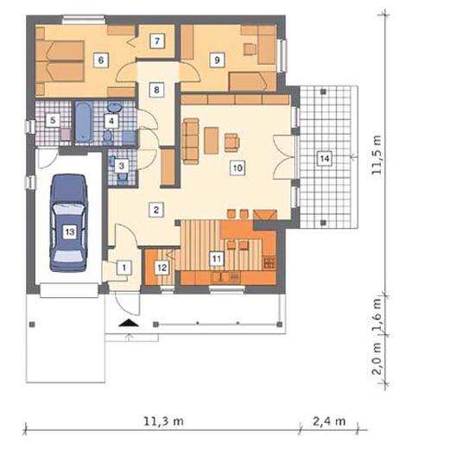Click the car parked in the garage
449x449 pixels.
click(69, 223)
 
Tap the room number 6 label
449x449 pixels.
click(101, 60)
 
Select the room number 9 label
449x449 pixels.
click(217, 60)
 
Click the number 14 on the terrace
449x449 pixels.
click(325, 158)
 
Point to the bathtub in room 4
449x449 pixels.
click(84, 122)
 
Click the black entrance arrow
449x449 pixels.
click(129, 323)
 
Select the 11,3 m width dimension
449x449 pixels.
click(163, 421)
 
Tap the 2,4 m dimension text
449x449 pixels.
click(329, 421)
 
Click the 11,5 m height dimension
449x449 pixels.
click(376, 155)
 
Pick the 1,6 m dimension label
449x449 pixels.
click(376, 315)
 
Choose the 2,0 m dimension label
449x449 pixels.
click(376, 358)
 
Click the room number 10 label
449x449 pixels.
click(237, 168)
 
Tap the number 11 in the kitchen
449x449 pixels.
click(217, 259)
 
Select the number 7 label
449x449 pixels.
click(157, 41)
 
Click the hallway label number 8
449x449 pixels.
click(156, 90)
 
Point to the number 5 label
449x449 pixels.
click(53, 120)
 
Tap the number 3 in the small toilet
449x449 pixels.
click(122, 166)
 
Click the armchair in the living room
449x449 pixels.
click(231, 142)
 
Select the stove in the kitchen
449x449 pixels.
click(269, 262)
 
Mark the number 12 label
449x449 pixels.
click(161, 268)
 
